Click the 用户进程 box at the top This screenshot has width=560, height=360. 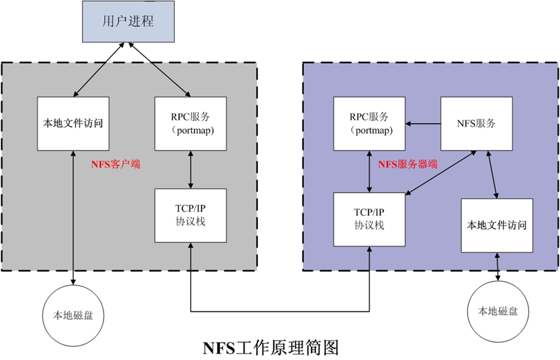click(128, 22)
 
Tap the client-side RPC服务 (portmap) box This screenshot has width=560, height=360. click(191, 123)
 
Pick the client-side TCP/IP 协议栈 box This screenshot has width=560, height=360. click(191, 216)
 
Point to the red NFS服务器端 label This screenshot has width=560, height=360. click(407, 165)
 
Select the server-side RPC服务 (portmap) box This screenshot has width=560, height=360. click(369, 123)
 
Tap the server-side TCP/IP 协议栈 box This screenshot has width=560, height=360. click(369, 219)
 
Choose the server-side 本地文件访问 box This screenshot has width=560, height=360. click(497, 226)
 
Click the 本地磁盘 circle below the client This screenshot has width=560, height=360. click(72, 316)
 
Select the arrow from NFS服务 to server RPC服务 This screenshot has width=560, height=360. click(423, 123)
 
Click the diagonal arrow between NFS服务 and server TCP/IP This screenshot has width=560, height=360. click(442, 172)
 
